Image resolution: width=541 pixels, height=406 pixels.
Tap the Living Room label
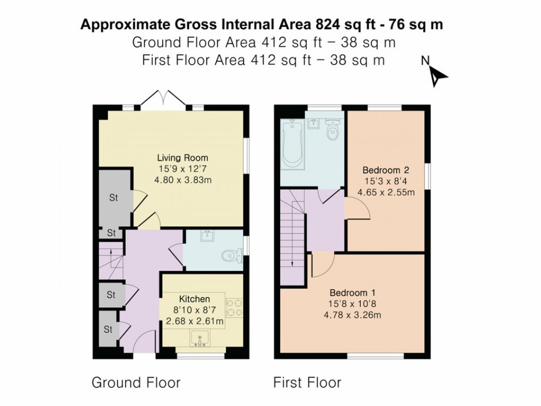(182, 158)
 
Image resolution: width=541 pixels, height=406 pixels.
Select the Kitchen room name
(194, 299)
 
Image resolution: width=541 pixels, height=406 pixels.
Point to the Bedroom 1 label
(353, 293)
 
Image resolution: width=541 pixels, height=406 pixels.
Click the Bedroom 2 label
(386, 170)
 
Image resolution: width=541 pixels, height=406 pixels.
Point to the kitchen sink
(200, 338)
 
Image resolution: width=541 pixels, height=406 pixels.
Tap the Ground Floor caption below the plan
(136, 383)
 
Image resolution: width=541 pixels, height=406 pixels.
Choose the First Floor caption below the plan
(307, 383)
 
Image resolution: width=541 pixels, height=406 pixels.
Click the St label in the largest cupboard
(113, 198)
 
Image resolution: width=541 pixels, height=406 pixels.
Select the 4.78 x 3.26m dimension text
(353, 315)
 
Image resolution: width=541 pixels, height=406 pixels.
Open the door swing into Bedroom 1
(321, 264)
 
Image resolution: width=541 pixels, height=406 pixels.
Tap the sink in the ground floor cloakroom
(207, 237)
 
